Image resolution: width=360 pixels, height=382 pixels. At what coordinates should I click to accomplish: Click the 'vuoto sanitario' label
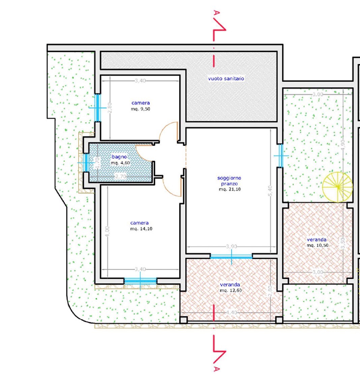(226, 78)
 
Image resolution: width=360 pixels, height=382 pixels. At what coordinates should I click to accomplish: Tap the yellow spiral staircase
(337, 187)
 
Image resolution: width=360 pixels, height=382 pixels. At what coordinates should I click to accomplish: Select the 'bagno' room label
(119, 157)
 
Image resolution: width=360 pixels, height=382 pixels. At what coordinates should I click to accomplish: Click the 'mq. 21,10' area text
(230, 189)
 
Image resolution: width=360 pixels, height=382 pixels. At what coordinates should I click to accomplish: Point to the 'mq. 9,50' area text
(140, 109)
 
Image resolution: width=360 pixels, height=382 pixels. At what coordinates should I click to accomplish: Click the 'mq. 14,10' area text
(141, 229)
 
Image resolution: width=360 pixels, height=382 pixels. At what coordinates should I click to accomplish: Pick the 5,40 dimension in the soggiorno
(270, 191)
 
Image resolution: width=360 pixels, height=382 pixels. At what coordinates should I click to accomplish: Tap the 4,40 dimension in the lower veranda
(231, 312)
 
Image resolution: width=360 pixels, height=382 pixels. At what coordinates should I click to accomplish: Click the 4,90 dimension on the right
(343, 145)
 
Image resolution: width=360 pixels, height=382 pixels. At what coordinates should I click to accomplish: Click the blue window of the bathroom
(86, 162)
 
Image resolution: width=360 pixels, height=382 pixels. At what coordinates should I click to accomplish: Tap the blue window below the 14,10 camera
(140, 281)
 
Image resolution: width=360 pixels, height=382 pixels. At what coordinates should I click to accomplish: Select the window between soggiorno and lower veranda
(231, 256)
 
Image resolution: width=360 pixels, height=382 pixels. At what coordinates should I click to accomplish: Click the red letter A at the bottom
(216, 369)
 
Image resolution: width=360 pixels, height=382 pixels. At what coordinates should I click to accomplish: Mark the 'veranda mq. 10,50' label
(317, 243)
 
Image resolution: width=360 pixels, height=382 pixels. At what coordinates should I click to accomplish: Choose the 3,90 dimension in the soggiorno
(231, 246)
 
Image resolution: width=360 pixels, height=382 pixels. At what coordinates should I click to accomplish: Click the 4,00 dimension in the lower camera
(107, 231)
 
